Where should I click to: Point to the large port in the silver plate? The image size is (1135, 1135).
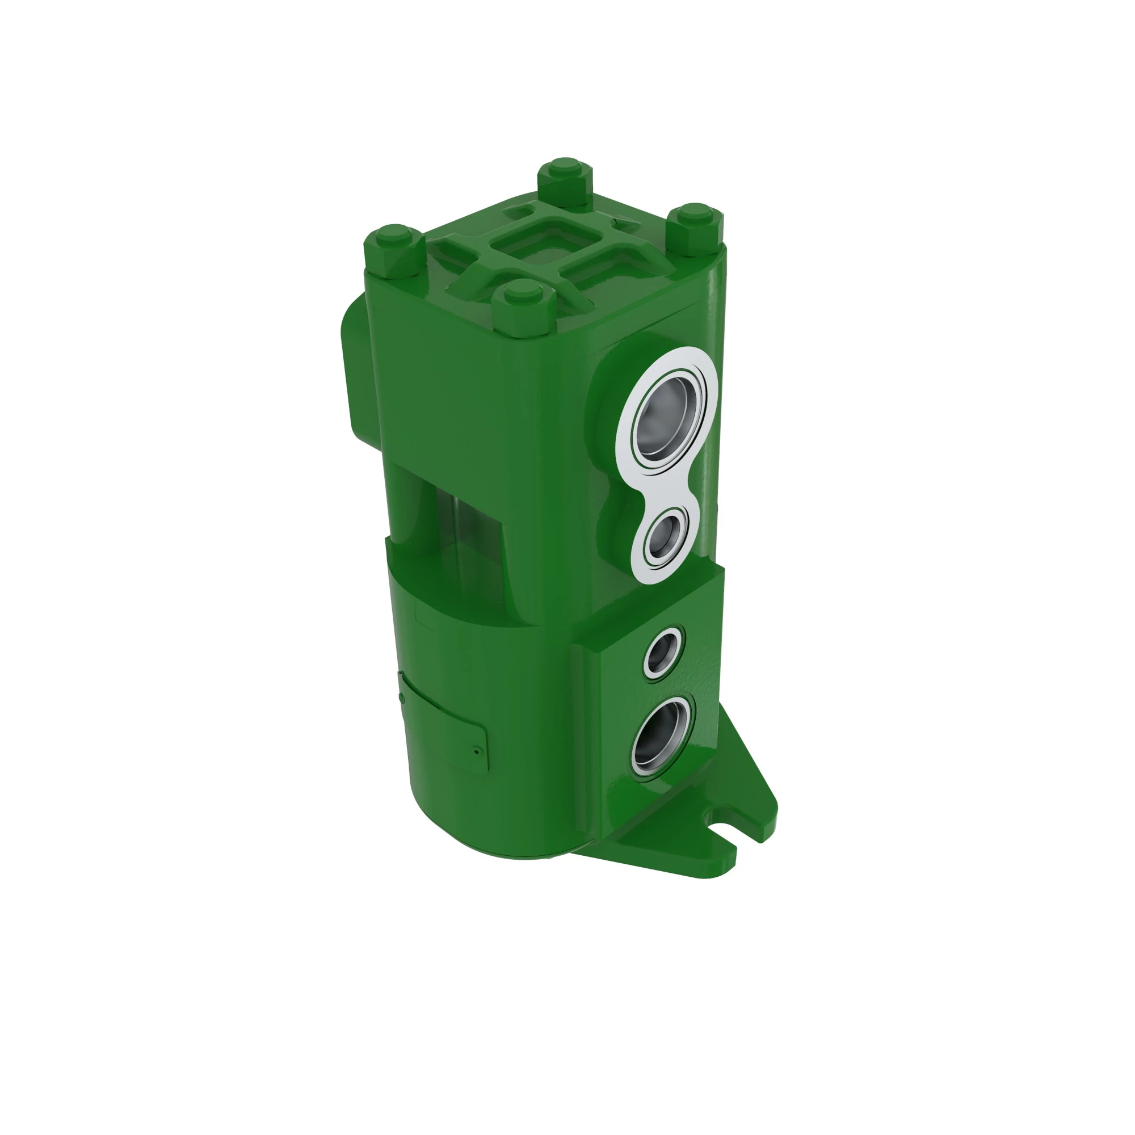(x=667, y=418)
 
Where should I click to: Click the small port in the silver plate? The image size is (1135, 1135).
(x=665, y=535)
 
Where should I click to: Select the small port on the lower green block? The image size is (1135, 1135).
(x=664, y=651)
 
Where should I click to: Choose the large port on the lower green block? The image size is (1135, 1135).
(x=662, y=738)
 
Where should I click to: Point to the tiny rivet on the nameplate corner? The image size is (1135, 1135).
(x=477, y=750)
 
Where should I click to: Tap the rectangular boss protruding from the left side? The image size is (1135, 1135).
(x=355, y=364)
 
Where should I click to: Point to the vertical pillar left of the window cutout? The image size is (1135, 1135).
(x=405, y=505)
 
